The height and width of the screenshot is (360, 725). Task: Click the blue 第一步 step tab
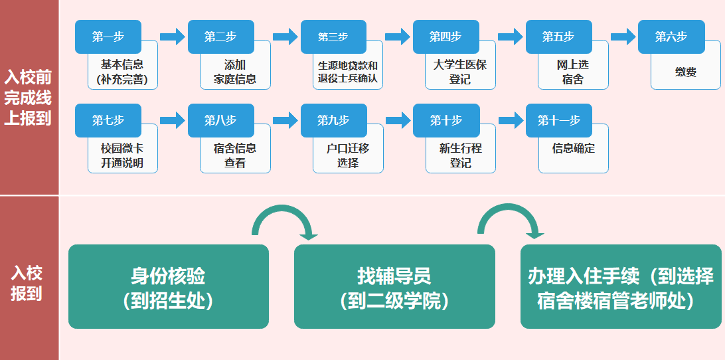tap(108, 37)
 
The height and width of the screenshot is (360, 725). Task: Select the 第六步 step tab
tap(671, 37)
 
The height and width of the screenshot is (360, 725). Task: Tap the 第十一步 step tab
tap(558, 121)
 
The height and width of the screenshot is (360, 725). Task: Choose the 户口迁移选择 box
tap(347, 155)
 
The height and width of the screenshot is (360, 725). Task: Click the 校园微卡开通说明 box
tap(122, 155)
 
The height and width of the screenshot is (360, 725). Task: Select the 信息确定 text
tap(573, 149)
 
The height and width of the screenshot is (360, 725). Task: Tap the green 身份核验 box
tap(169, 287)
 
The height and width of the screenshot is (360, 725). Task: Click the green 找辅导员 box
tap(394, 287)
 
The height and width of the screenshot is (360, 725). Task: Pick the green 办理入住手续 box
tap(620, 287)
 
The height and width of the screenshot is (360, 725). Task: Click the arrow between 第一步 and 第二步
tap(172, 37)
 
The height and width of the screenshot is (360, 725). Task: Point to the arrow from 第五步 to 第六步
tap(623, 37)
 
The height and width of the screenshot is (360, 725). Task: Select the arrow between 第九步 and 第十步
tap(398, 120)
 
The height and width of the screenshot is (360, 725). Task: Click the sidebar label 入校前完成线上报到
tap(28, 98)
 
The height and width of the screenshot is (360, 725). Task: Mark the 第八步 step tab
tap(220, 121)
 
